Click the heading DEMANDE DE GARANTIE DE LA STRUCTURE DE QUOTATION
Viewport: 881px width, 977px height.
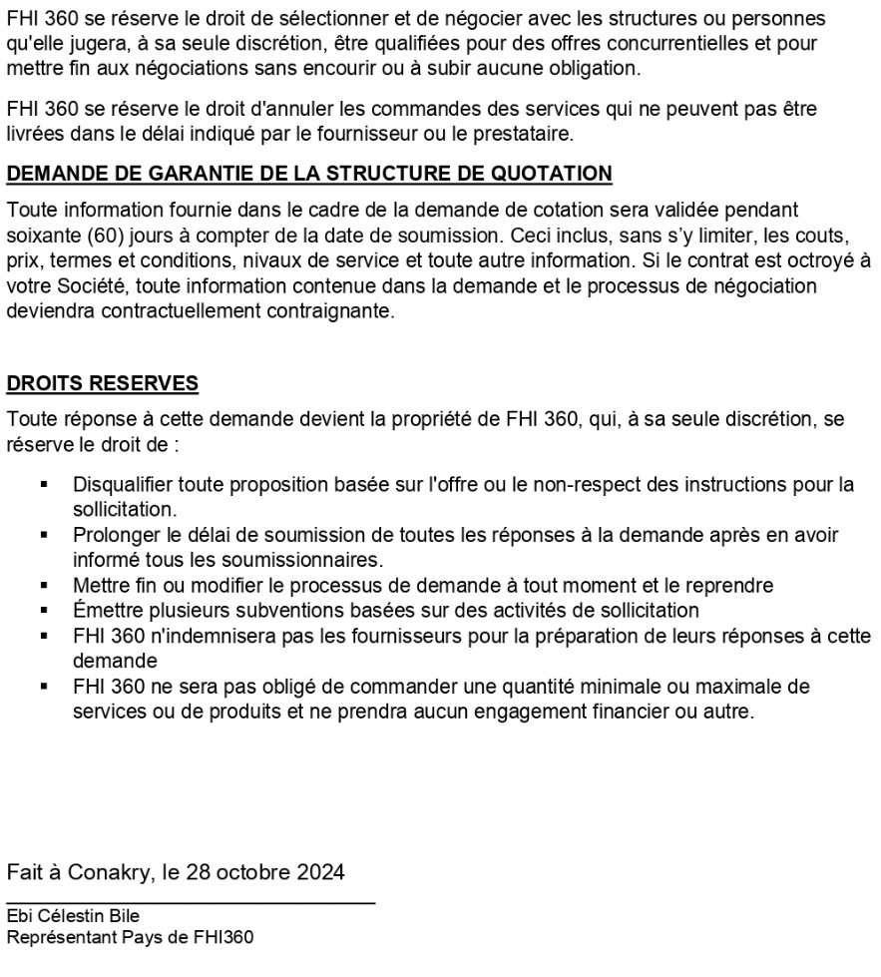pos(309,174)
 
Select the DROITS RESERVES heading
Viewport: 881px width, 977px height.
pos(103,383)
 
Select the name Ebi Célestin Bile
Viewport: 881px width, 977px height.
pos(73,916)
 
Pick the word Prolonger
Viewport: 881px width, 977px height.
pos(113,536)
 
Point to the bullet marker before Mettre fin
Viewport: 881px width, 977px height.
pos(44,585)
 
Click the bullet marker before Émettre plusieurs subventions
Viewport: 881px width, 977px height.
pos(44,609)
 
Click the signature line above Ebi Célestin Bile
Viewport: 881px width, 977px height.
pos(191,902)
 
